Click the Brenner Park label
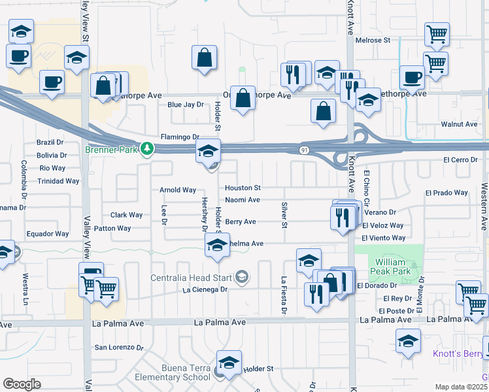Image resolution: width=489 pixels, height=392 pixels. pyautogui.click(x=113, y=149)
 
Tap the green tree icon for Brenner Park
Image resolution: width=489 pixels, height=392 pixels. pyautogui.click(x=148, y=149)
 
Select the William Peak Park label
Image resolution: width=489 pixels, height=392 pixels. pyautogui.click(x=389, y=265)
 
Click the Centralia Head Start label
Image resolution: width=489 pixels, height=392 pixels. pyautogui.click(x=193, y=277)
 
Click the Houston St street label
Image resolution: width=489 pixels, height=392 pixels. pyautogui.click(x=243, y=188)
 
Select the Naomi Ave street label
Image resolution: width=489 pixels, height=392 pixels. pyautogui.click(x=243, y=200)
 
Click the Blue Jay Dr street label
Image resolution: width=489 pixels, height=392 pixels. pyautogui.click(x=186, y=105)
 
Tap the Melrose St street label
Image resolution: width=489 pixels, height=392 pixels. pyautogui.click(x=373, y=40)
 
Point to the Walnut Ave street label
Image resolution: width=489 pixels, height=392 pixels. pyautogui.click(x=459, y=124)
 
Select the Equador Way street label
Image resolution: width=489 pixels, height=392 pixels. pyautogui.click(x=47, y=234)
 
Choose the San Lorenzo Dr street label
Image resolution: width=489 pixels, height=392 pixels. pyautogui.click(x=119, y=348)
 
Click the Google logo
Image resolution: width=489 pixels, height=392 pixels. pyautogui.click(x=22, y=384)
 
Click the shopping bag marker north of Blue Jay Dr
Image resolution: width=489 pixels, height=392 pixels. pyautogui.click(x=205, y=57)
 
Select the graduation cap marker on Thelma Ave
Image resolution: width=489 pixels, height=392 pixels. pyautogui.click(x=218, y=246)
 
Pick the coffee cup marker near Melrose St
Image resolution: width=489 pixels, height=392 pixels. pyautogui.click(x=412, y=76)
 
